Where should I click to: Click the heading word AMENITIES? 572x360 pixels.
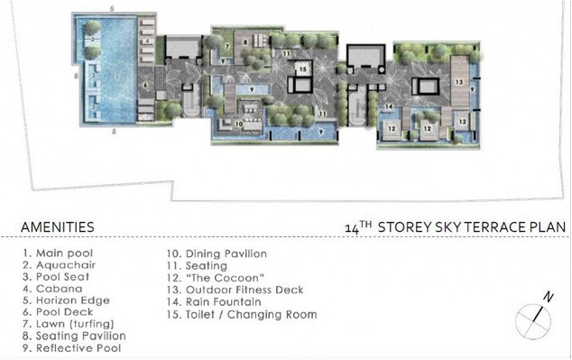(58, 226)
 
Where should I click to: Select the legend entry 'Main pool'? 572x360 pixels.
(58, 254)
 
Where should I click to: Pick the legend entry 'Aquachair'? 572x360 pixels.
(60, 265)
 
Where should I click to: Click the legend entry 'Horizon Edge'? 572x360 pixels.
(66, 300)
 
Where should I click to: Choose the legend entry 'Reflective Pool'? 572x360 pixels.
(71, 348)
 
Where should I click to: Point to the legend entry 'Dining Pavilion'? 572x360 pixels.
(217, 254)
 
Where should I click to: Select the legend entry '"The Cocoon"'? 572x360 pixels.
(216, 278)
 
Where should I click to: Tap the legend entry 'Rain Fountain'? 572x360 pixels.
(214, 302)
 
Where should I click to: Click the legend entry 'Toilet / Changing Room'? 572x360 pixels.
(242, 314)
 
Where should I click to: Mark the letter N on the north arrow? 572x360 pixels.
(549, 297)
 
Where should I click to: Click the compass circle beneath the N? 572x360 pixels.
(533, 322)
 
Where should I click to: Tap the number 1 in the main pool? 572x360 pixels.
(117, 77)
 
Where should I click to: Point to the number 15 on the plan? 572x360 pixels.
(303, 69)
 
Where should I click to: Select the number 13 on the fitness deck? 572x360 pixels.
(459, 82)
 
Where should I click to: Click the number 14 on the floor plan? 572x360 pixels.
(389, 106)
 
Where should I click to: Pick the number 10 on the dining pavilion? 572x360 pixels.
(238, 124)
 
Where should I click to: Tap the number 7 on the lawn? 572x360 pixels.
(226, 47)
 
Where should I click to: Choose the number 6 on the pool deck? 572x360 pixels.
(145, 86)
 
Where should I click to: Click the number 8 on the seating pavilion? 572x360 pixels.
(245, 42)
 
